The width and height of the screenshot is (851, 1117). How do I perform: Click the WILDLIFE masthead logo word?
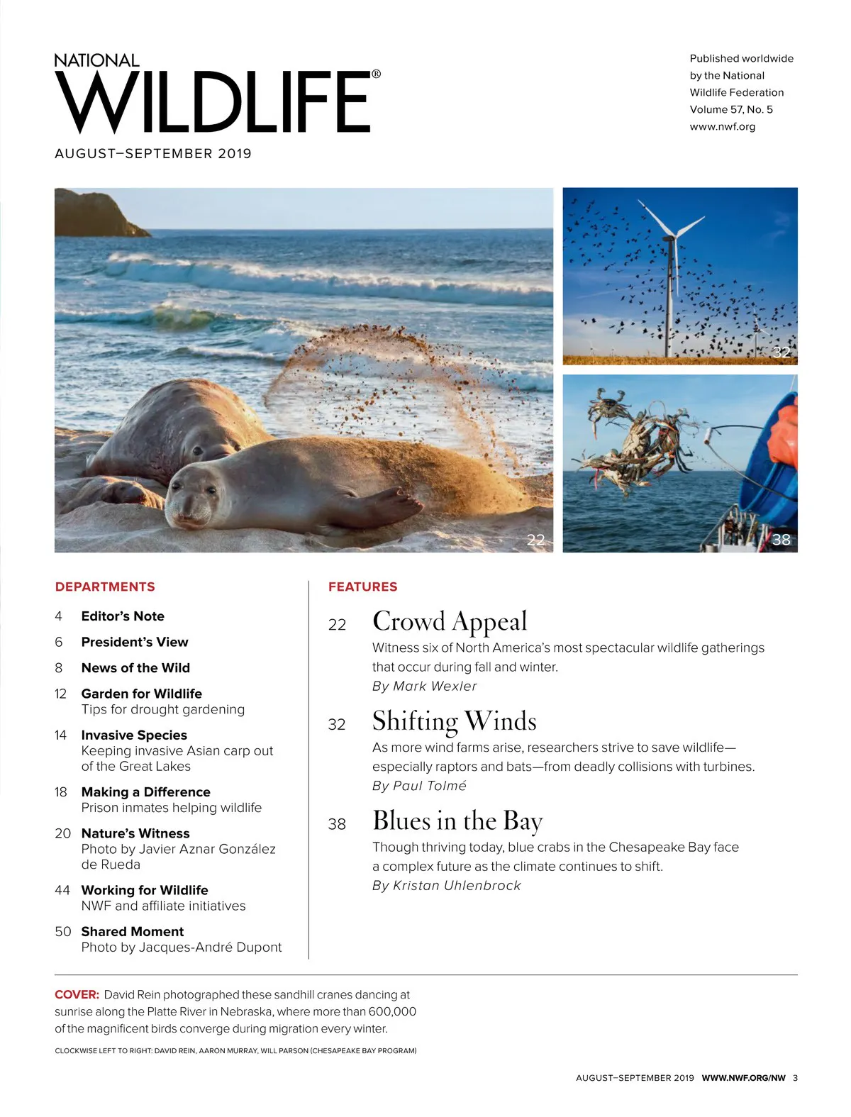point(213,103)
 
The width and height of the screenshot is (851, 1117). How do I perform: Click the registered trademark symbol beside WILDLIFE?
point(376,74)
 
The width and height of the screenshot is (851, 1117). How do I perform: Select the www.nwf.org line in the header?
point(722,126)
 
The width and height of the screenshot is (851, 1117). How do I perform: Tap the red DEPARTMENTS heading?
point(105,587)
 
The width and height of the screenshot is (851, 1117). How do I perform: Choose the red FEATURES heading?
point(362,587)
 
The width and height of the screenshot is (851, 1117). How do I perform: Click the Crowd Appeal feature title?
point(450,621)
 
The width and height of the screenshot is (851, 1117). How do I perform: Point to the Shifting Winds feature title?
point(454,721)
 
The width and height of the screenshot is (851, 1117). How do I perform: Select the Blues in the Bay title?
point(457,821)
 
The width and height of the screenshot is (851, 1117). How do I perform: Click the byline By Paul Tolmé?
point(419,786)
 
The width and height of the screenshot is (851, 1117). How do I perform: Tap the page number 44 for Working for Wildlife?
point(62,890)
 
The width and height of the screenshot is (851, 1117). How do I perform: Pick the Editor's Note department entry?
point(123,616)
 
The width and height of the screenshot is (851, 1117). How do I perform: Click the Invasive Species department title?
point(134,735)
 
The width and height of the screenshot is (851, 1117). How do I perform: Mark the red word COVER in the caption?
point(77,994)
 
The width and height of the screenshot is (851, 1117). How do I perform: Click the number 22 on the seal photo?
point(535,540)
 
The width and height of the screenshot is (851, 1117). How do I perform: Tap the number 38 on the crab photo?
point(781,540)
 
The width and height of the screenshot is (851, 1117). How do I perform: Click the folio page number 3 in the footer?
point(795,1078)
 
